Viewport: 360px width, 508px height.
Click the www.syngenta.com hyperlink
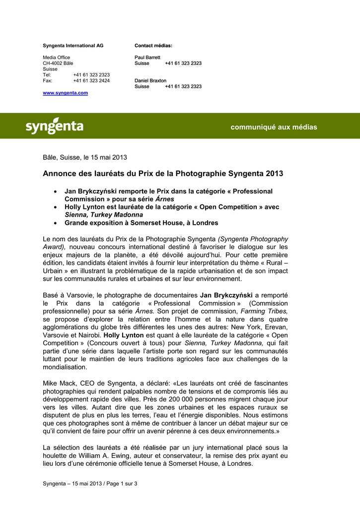click(65, 93)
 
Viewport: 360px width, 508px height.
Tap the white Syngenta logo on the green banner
click(54, 126)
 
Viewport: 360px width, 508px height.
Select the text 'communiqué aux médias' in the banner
click(274, 127)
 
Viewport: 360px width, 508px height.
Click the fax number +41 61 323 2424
click(91, 80)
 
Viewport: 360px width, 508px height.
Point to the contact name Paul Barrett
click(147, 58)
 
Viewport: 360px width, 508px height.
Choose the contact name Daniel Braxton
click(150, 80)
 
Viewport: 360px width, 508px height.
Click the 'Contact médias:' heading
click(153, 46)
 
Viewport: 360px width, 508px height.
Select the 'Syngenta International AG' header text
click(73, 46)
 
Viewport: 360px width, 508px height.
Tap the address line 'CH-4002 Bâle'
click(58, 63)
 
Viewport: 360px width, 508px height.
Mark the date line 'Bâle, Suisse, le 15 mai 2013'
click(84, 158)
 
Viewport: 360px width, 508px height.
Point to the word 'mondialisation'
click(65, 368)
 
